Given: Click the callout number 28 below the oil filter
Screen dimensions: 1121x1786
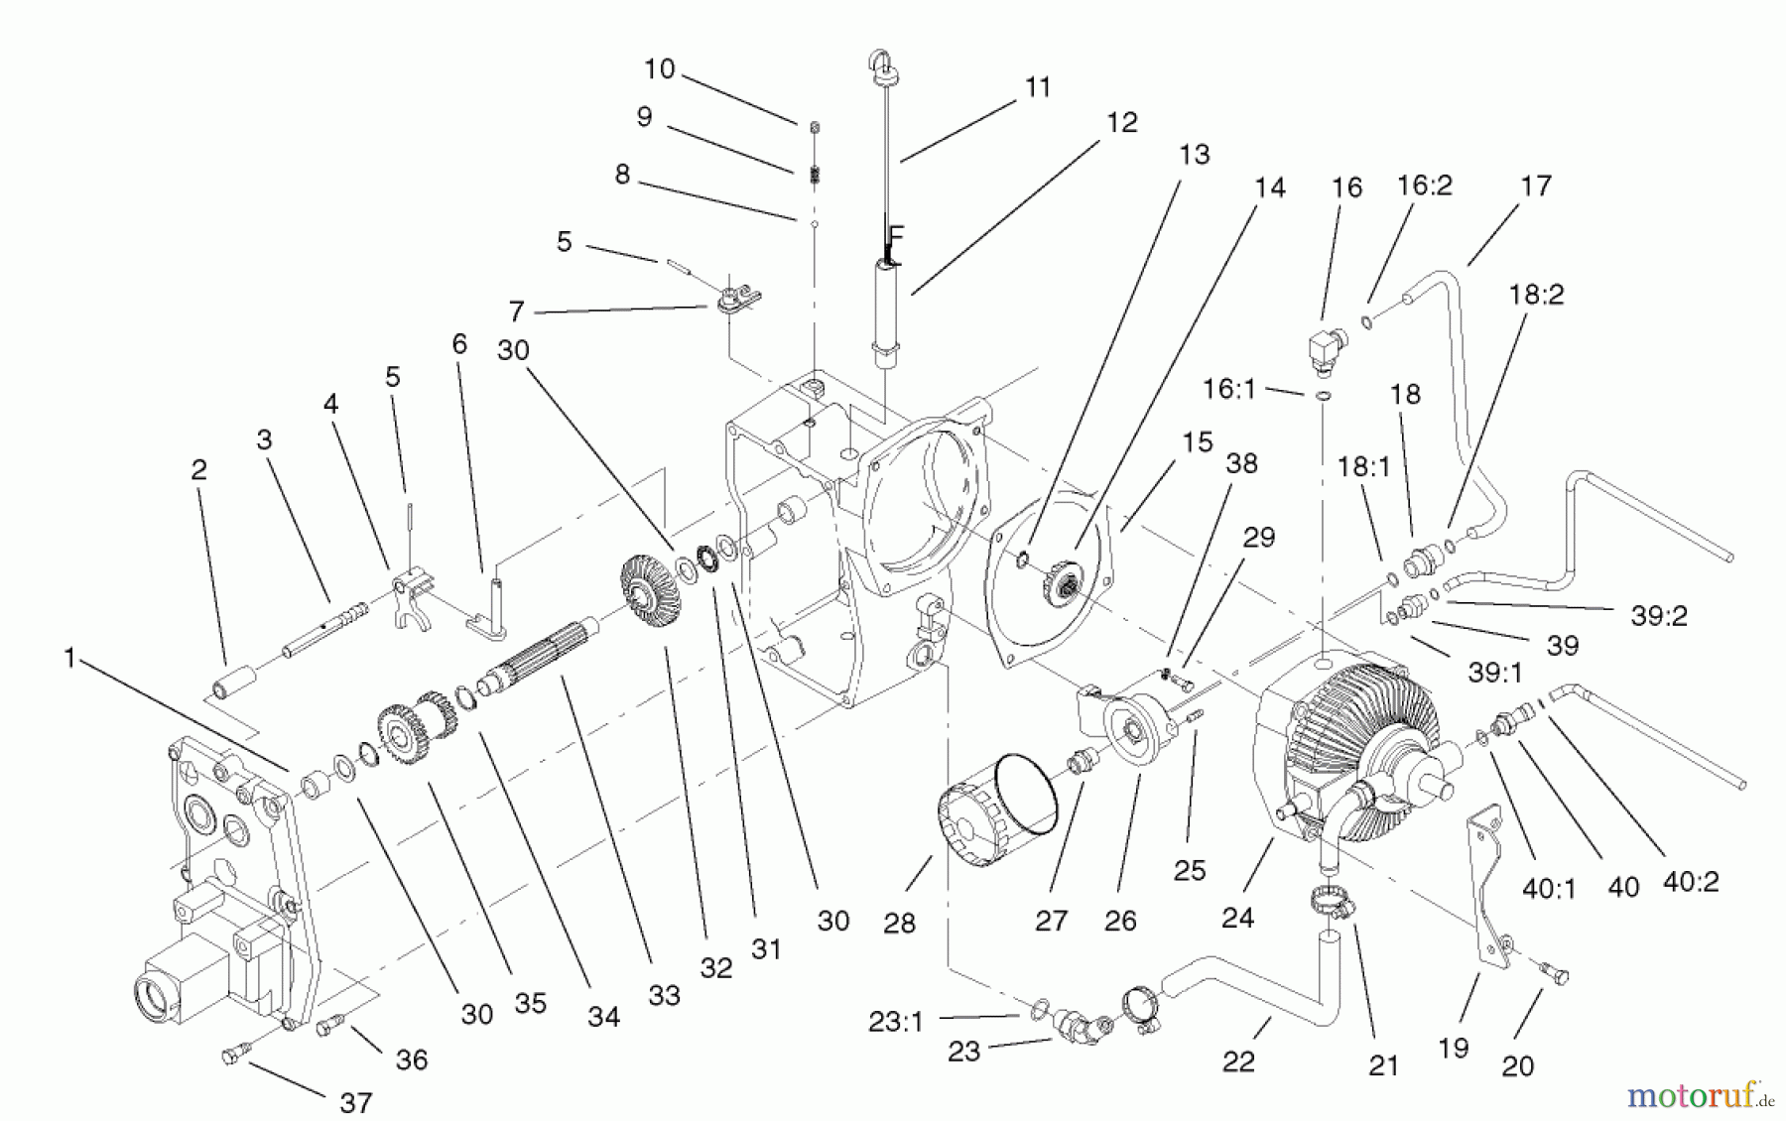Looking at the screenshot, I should [x=899, y=924].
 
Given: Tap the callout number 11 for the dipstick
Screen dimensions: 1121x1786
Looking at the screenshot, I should [x=1037, y=87].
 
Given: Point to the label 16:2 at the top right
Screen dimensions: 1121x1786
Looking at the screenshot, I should [x=1424, y=186].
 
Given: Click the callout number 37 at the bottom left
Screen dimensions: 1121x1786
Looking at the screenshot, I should [x=355, y=1101].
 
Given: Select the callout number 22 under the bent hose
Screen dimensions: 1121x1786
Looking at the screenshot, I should [x=1238, y=1061].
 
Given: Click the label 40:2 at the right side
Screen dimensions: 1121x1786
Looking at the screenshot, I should [x=1691, y=881].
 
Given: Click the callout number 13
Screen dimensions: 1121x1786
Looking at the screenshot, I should [x=1195, y=155].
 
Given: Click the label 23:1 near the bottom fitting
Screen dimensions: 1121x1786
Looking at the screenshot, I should [x=895, y=1022].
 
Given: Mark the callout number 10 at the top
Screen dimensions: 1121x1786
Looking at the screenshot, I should [x=659, y=68].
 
